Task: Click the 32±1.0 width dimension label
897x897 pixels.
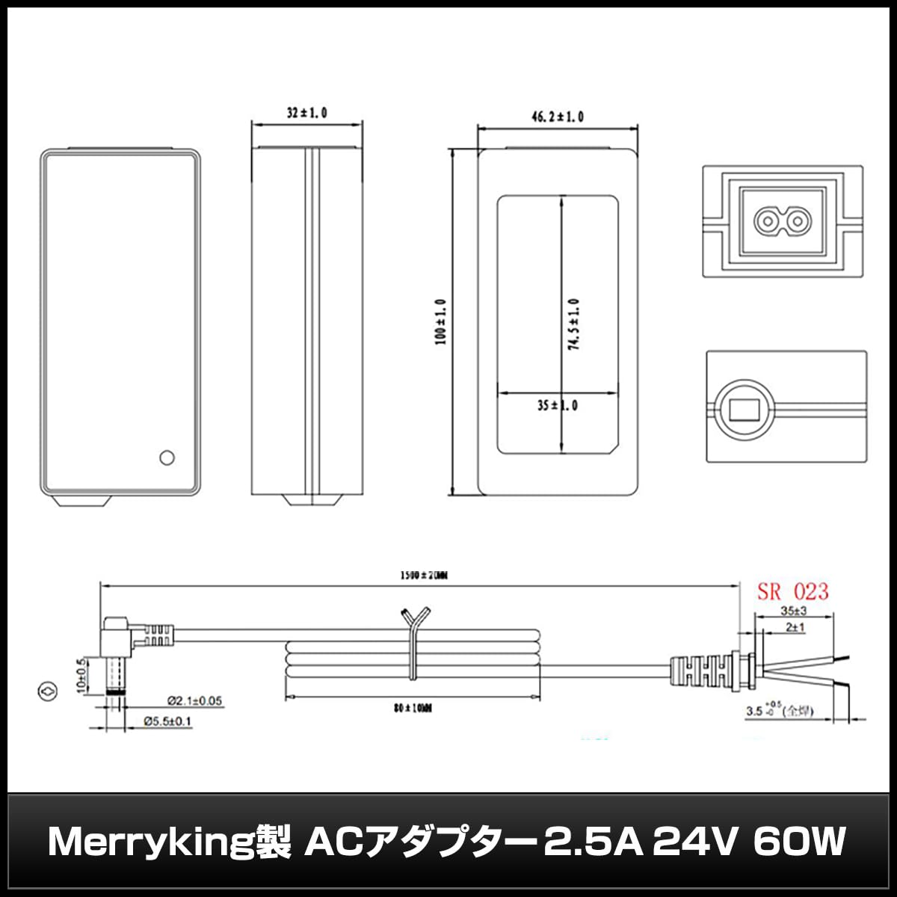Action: [307, 113]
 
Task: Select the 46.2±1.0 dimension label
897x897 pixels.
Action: [557, 117]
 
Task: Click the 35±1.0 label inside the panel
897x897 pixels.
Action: [557, 406]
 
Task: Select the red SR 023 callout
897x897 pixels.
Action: [792, 592]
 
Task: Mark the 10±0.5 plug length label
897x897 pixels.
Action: [82, 676]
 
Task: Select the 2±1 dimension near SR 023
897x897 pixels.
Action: [794, 628]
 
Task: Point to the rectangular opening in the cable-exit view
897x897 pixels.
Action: [744, 410]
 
